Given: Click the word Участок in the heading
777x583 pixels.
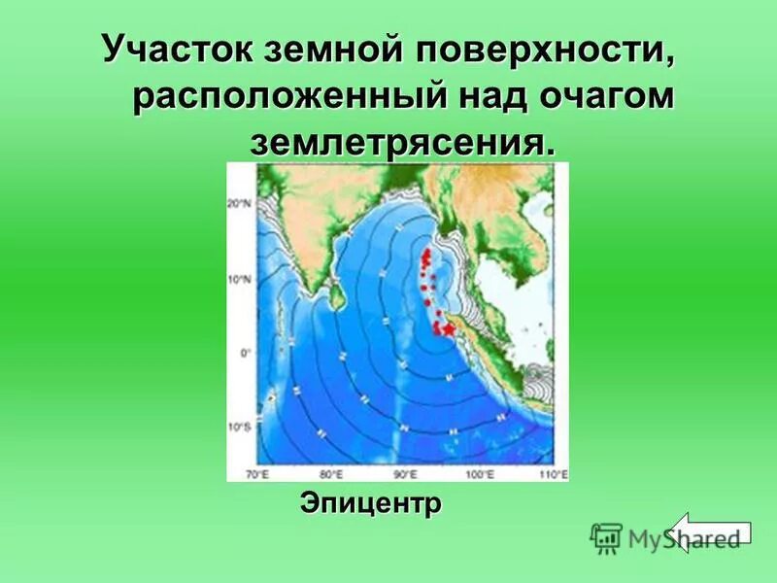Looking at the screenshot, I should [x=173, y=50].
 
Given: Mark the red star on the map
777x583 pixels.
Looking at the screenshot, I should [x=449, y=330].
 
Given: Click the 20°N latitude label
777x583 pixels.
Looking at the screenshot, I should [x=240, y=204].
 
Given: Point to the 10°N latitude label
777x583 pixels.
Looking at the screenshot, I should [x=240, y=279].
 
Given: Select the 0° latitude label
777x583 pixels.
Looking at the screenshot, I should [x=245, y=353].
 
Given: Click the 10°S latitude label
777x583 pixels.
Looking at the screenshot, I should [x=240, y=427].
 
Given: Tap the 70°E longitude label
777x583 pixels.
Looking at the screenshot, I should [x=257, y=474].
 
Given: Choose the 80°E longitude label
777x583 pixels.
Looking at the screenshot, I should [x=330, y=474].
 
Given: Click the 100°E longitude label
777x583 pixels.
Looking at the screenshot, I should [x=479, y=474].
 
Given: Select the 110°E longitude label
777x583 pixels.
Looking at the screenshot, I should [x=552, y=474].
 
